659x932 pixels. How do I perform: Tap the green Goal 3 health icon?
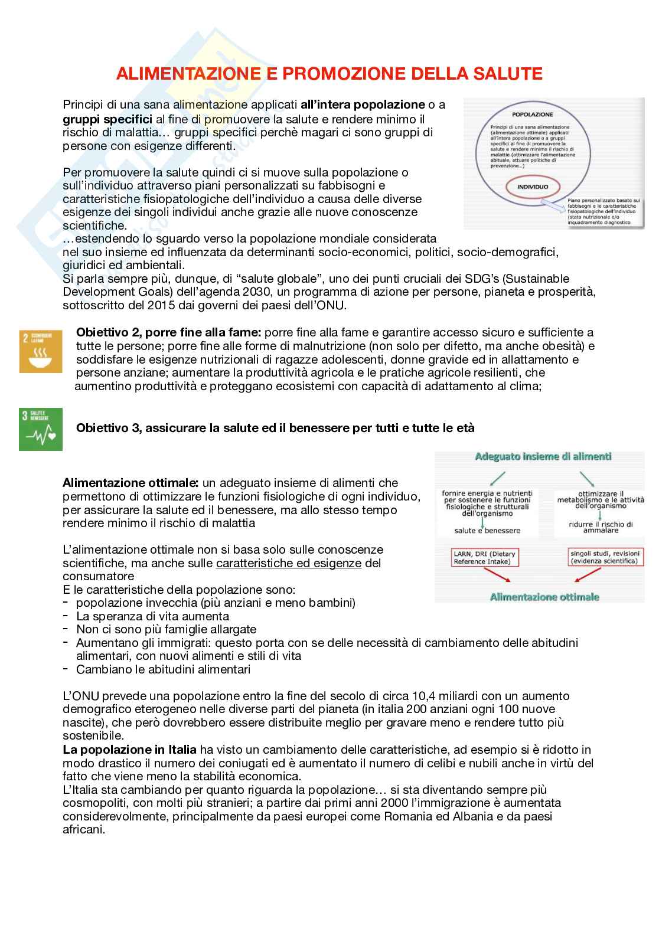click(x=40, y=429)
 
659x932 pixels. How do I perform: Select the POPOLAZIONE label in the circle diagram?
click(x=532, y=113)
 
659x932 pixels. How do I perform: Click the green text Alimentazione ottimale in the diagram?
click(x=544, y=597)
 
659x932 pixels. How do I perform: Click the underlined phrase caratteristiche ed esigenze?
click(x=288, y=563)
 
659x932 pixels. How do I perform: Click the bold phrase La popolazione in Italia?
click(x=130, y=750)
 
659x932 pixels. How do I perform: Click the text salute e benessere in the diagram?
click(x=487, y=530)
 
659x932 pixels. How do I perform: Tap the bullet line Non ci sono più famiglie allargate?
click(x=167, y=629)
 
